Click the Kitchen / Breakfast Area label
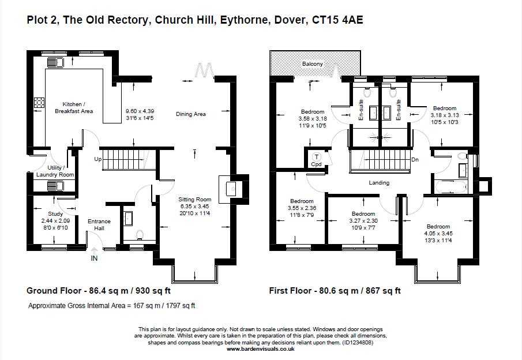(x=74, y=107)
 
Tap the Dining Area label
(x=191, y=114)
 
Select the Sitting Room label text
(x=195, y=199)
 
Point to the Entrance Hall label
(x=99, y=225)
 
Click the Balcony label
(x=312, y=64)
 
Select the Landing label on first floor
(x=379, y=183)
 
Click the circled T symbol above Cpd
(x=316, y=156)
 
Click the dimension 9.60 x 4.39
(x=141, y=111)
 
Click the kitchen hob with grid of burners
(x=39, y=103)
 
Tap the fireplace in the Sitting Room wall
(x=231, y=188)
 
